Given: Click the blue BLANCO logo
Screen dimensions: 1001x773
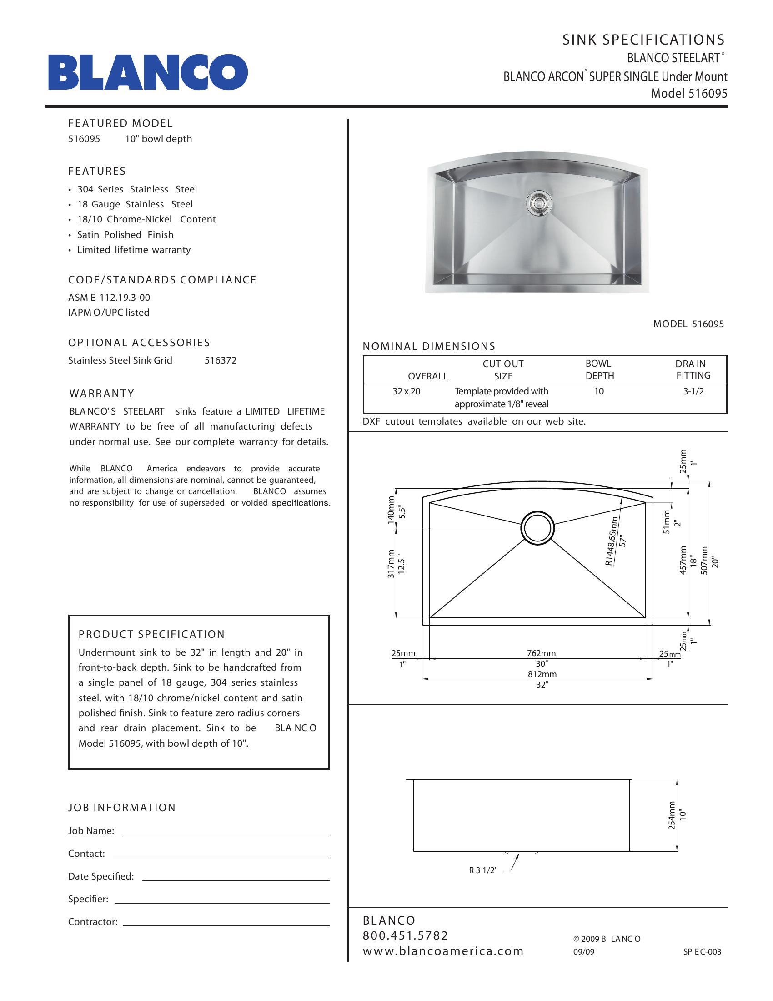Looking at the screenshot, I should pos(148,72).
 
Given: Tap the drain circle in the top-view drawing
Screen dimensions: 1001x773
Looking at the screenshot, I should pos(537,528).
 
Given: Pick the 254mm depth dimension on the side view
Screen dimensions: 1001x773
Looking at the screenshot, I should pos(672,815).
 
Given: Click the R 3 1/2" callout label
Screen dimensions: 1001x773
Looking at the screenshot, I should pos(482,870).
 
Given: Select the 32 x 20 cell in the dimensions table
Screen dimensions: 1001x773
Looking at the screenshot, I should pos(406,391).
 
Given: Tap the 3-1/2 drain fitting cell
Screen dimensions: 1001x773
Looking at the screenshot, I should pos(693,391).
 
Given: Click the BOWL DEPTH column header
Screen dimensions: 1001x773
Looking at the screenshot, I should pos(599,369).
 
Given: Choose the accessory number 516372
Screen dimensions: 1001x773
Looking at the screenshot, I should pos(220,360).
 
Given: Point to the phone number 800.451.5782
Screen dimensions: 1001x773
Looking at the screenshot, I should pos(405,935).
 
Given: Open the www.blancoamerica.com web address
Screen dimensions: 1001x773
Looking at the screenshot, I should pos(443,951).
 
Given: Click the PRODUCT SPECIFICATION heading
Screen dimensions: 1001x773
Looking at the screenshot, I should pos(151,634).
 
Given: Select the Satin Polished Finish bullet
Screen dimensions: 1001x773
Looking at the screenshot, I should pos(125,235).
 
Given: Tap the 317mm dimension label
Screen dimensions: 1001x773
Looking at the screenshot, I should pos(391,564).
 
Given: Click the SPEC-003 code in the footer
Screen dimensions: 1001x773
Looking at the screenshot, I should pos(702,951).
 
